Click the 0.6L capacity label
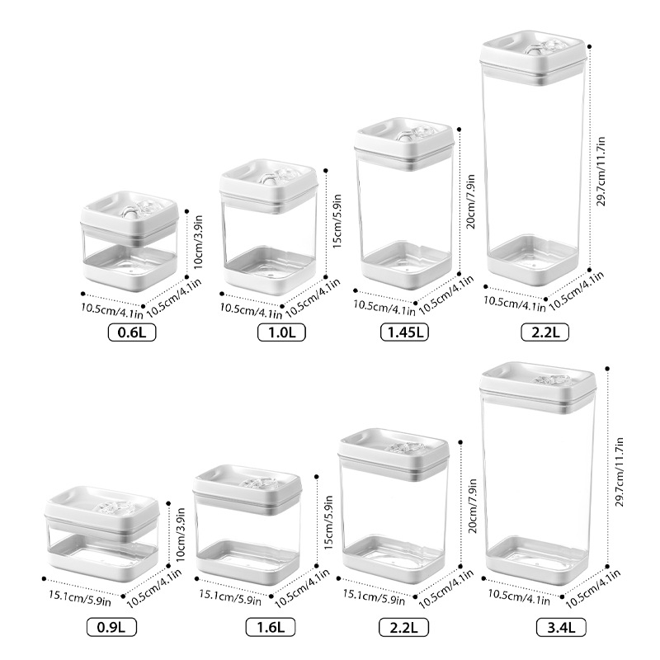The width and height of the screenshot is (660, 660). pyautogui.click(x=132, y=332)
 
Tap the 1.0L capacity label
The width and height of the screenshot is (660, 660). pyautogui.click(x=281, y=332)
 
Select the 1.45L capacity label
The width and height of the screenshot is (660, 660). pyautogui.click(x=404, y=332)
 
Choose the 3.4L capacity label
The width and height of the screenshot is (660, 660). pyautogui.click(x=561, y=628)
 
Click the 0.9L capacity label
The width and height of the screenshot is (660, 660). pyautogui.click(x=111, y=627)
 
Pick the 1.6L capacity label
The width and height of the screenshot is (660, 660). pyautogui.click(x=271, y=627)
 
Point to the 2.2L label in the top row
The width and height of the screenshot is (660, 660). pyautogui.click(x=544, y=332)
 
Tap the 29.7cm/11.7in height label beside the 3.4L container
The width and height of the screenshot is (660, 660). pyautogui.click(x=620, y=472)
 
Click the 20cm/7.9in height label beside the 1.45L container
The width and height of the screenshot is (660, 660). pyautogui.click(x=471, y=201)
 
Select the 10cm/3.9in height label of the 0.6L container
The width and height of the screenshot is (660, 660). pyautogui.click(x=198, y=242)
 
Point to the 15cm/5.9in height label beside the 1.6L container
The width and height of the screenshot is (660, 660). pyautogui.click(x=328, y=522)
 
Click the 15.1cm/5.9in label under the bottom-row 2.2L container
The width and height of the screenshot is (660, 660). pyautogui.click(x=374, y=597)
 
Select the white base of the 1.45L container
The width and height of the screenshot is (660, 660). pyautogui.click(x=407, y=266)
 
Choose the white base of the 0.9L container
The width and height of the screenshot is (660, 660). pyautogui.click(x=103, y=558)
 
